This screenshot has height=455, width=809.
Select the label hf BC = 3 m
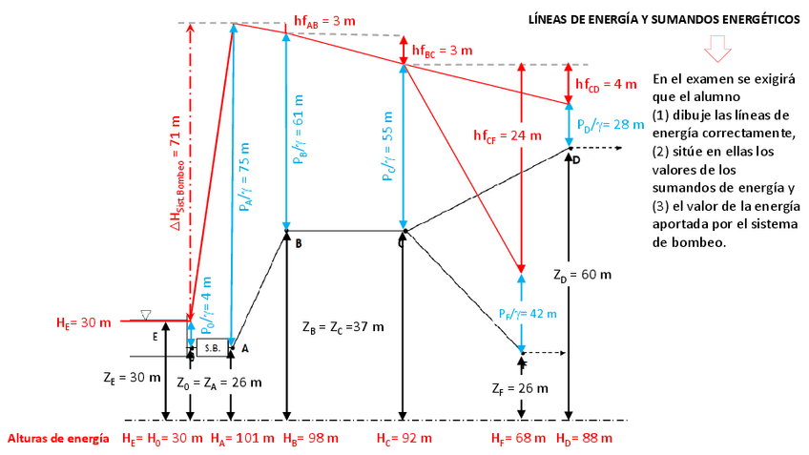point(442,50)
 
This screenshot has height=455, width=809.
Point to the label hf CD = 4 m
point(605,84)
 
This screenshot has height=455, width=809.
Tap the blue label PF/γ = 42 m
point(527,313)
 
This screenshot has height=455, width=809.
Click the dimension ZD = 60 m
point(582,275)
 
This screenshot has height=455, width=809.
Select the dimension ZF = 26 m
point(519,388)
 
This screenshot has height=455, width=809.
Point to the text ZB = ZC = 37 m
point(342,327)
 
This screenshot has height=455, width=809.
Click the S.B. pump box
point(211,348)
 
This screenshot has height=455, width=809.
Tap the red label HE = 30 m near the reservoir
point(84,322)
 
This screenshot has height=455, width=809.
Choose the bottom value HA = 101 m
point(250,439)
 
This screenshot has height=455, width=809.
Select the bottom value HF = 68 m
point(518,439)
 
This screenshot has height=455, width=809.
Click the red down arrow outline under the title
point(716,49)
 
